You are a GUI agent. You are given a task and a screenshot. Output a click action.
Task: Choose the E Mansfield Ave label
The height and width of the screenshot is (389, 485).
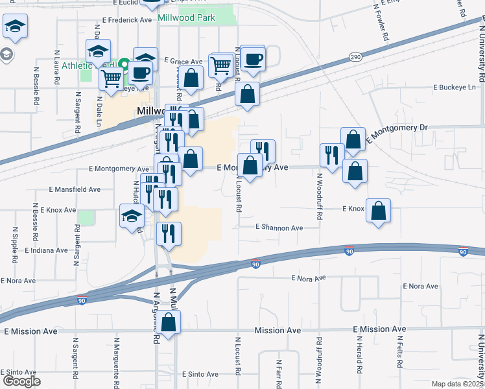click(x=75, y=190)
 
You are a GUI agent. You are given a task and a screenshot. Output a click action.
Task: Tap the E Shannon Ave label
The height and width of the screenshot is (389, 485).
click(x=279, y=228)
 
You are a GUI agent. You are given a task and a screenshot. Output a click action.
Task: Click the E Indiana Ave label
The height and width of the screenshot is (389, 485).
click(x=46, y=250)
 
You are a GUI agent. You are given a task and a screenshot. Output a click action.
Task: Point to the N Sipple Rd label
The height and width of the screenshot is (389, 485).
click(x=15, y=244)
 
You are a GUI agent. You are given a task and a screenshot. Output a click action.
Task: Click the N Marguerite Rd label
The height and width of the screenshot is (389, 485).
click(x=116, y=358)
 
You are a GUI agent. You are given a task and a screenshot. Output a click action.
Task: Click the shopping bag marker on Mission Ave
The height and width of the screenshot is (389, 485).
click(x=168, y=323)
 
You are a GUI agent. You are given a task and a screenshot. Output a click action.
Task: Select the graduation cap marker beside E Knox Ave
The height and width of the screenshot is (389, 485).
click(x=132, y=217)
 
